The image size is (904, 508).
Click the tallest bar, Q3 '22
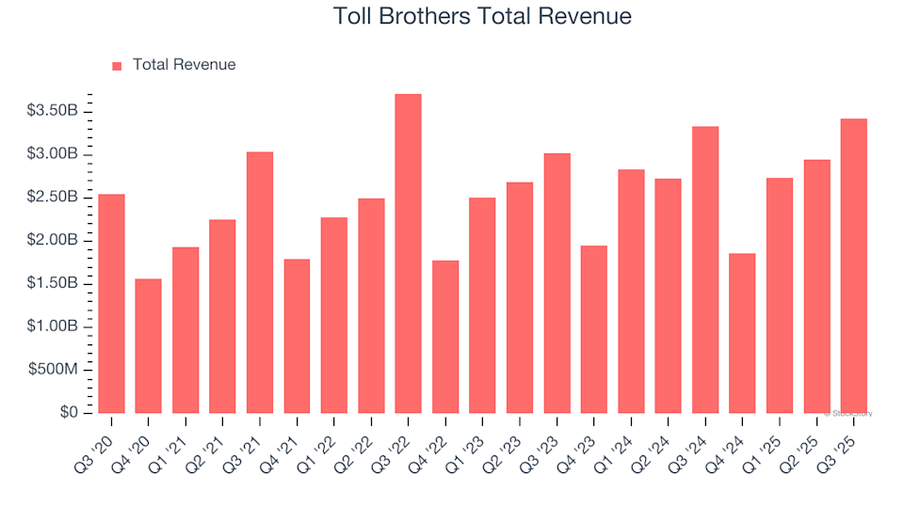(x=408, y=253)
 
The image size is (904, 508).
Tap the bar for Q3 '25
(x=853, y=265)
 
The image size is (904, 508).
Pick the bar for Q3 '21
(x=260, y=282)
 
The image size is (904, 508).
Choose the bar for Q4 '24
(x=742, y=333)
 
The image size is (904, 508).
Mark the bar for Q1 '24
(x=631, y=291)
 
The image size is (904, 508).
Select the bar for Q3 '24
(x=705, y=269)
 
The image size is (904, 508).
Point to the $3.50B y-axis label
(x=53, y=111)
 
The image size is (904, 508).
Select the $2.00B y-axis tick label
(x=53, y=241)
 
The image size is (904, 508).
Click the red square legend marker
(x=118, y=66)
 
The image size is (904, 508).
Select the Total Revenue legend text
(x=184, y=65)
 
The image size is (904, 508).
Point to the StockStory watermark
(x=847, y=413)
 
